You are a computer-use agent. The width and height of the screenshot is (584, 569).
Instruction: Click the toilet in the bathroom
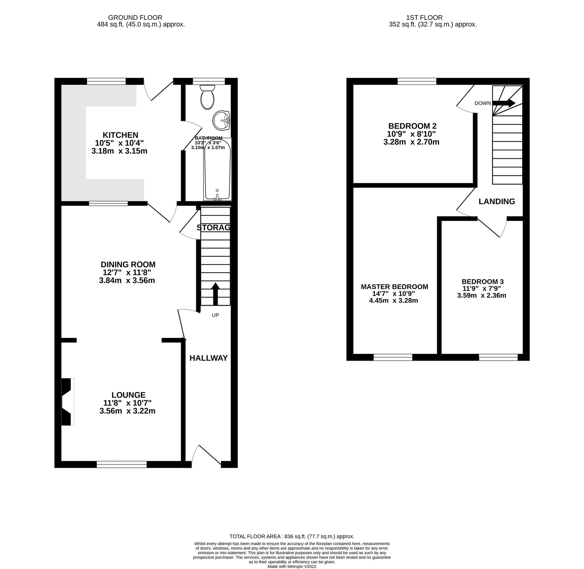(x=207, y=97)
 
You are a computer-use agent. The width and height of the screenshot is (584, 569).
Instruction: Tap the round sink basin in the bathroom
(x=222, y=120)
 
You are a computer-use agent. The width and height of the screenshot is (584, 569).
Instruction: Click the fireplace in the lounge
(x=67, y=401)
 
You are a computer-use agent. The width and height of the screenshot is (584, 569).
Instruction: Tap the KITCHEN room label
(x=120, y=135)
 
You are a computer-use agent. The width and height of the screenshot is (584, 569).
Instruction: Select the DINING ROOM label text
(x=128, y=264)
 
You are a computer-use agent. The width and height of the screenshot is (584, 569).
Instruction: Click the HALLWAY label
(x=209, y=358)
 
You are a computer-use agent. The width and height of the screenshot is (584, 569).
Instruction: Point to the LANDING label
(x=496, y=201)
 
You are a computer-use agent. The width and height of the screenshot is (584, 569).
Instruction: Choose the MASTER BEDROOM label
(x=394, y=287)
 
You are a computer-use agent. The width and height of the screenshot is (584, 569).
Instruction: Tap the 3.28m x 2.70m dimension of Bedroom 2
(x=411, y=142)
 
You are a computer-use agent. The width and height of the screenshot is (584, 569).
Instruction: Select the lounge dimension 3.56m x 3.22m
(x=127, y=411)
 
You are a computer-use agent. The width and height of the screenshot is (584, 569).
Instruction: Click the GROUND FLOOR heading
(x=135, y=18)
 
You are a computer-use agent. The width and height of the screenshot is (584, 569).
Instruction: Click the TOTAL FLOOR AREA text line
(x=292, y=536)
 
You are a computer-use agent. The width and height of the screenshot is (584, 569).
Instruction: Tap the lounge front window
(x=122, y=464)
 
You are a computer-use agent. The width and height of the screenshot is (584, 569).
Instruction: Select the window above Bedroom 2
(x=417, y=81)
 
